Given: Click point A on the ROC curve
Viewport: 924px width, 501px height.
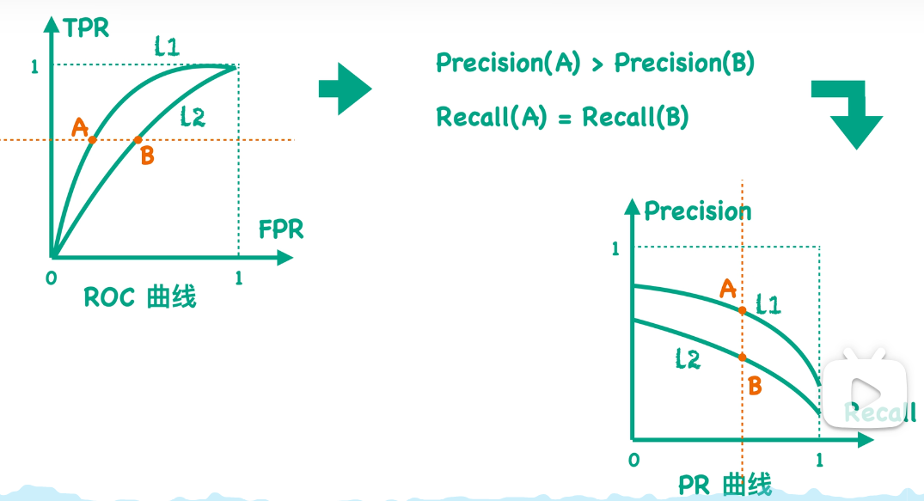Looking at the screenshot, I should [93, 139].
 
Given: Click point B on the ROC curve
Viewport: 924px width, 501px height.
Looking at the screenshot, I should [138, 139].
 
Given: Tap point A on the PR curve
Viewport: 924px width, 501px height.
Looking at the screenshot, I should [742, 309].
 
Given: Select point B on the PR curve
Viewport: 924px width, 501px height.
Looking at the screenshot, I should [742, 357].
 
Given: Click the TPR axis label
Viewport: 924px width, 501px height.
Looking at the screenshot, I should [87, 28].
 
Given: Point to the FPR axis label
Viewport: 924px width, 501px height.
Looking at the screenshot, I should [281, 229].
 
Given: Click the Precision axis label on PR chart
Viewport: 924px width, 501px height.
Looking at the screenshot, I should [697, 211].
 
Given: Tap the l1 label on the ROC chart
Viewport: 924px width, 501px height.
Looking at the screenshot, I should [167, 46].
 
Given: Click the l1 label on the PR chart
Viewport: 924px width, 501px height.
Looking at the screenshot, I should [768, 303].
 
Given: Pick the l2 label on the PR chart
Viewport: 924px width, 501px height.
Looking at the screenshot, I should [688, 359].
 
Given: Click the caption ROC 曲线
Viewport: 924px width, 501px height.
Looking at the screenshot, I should [140, 297].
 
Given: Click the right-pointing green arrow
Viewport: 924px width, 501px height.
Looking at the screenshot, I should [344, 88].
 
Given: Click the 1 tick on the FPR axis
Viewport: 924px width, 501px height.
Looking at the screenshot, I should [238, 278].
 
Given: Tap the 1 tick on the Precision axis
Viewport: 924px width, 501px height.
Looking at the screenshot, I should [615, 249].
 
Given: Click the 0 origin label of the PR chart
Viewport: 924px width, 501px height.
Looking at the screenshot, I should [633, 460].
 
